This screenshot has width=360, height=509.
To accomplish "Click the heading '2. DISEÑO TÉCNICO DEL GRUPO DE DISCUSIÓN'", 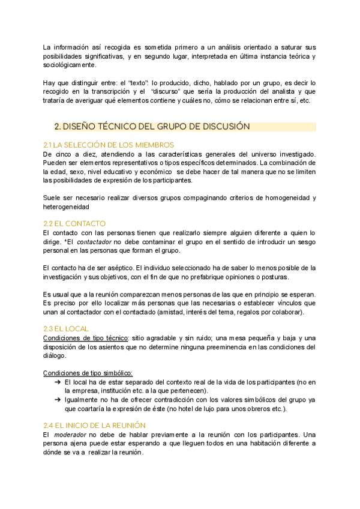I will click(x=151, y=127).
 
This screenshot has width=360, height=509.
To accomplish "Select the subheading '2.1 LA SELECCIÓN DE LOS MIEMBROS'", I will click(x=109, y=145).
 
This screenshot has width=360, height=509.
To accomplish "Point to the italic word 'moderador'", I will click(x=70, y=434).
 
